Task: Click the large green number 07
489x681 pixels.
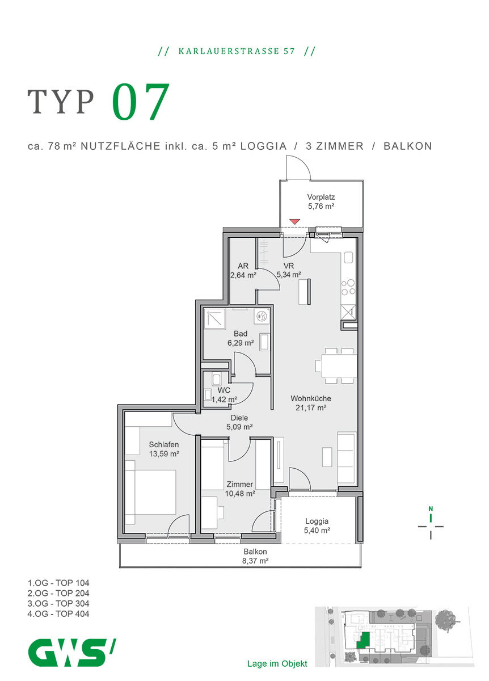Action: point(141,103)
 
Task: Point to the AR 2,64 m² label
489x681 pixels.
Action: point(243,271)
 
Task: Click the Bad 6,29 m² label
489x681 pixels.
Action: point(240,338)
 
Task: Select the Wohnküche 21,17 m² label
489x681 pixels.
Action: point(310,403)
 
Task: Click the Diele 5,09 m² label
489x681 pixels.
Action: point(239,422)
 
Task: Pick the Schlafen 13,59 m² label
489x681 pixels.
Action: point(164,449)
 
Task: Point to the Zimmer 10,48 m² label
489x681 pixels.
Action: point(239,489)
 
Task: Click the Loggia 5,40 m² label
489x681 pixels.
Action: point(317,526)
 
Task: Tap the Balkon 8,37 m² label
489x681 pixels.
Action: point(255,556)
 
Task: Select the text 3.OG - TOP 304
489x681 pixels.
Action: point(58,603)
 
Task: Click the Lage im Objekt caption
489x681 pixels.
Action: point(277,663)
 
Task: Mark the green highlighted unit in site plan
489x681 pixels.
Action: point(365,640)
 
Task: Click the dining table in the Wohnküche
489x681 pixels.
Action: point(338,363)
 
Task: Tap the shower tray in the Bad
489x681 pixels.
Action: point(214,321)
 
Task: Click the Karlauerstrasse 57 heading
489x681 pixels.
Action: point(237,51)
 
